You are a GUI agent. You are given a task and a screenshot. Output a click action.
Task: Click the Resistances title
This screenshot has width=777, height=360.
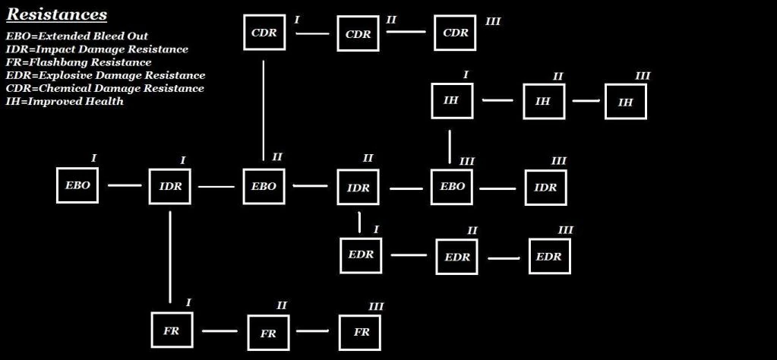56,14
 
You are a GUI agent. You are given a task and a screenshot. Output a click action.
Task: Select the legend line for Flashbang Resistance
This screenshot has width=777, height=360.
79,62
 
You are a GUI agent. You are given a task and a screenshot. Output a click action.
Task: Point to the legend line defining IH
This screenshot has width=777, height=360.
65,102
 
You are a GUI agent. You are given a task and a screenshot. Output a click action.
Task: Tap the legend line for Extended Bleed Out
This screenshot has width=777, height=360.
77,36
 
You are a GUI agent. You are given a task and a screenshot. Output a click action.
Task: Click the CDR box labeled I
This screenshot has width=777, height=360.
264,32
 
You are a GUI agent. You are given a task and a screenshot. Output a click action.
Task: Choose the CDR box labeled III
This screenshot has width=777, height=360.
455,33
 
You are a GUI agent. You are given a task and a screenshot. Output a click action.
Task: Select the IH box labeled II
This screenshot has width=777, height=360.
544,101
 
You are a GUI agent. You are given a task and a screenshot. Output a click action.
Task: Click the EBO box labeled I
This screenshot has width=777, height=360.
77,185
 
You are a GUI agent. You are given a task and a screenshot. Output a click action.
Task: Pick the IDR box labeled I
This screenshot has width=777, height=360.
170,186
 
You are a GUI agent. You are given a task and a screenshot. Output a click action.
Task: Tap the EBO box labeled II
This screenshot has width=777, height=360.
264,186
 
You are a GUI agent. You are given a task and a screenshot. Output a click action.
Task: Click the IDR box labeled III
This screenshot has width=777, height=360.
545,187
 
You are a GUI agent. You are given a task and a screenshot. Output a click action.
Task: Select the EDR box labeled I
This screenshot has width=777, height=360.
361,255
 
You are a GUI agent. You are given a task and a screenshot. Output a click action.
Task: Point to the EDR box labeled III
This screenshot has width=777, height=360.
550,256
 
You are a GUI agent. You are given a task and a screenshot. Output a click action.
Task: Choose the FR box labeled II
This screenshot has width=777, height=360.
269,333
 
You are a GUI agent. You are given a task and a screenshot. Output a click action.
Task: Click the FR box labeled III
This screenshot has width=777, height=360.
360,332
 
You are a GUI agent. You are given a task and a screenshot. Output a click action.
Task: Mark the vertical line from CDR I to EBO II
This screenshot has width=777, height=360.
263,111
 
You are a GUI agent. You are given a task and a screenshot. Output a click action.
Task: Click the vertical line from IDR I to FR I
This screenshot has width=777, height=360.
170,257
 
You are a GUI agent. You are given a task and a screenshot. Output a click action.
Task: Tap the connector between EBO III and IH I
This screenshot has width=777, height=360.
450,147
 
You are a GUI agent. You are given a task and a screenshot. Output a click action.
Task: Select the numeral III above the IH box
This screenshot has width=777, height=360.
643,76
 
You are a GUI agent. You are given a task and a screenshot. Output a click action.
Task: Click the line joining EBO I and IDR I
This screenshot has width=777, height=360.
125,185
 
